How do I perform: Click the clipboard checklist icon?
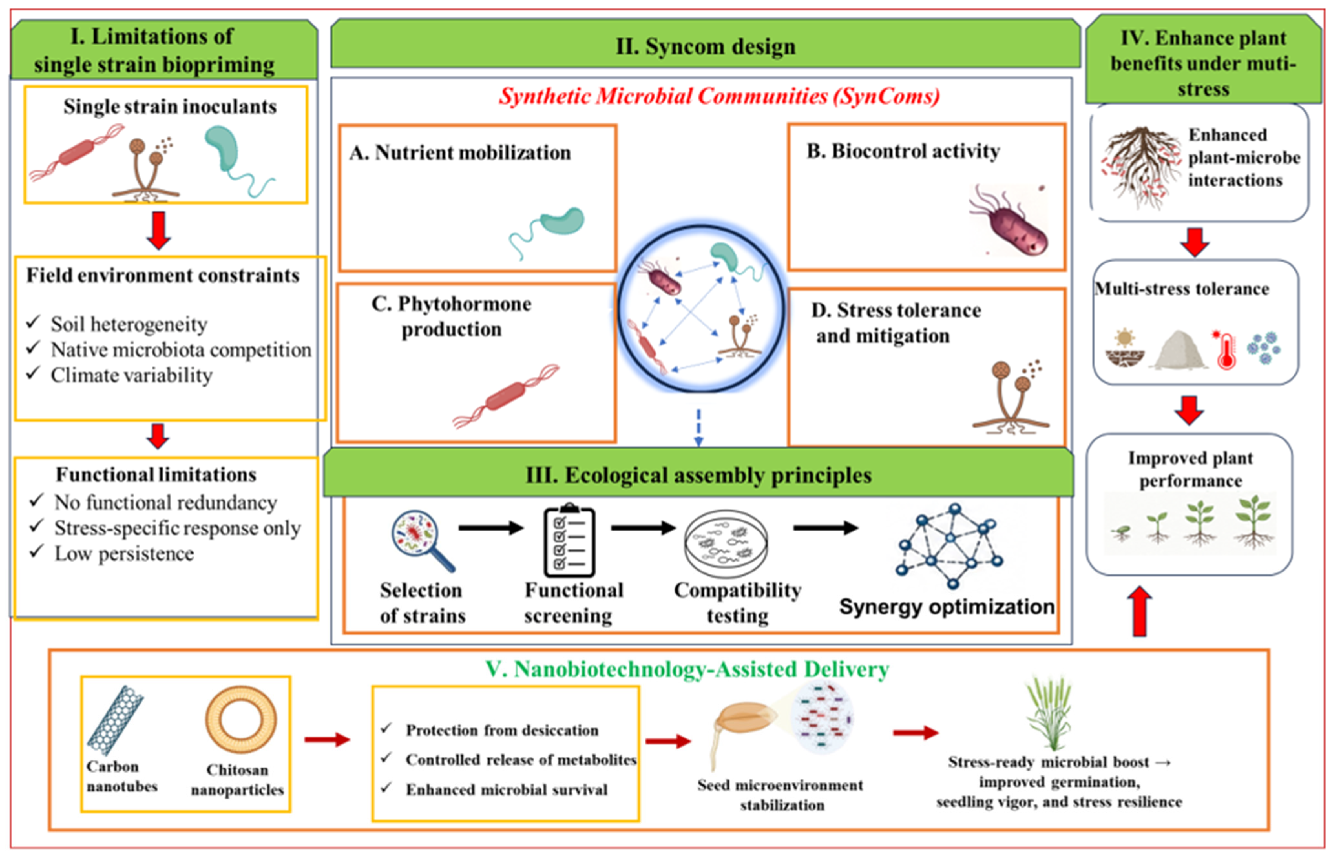(x=569, y=540)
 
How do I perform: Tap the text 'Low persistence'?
(x=124, y=554)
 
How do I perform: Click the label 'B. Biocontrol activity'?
(x=903, y=151)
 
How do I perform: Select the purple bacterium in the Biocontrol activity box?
(x=1009, y=221)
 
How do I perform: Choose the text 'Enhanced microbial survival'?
(x=507, y=790)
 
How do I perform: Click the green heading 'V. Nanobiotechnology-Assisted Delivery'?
(x=687, y=669)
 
